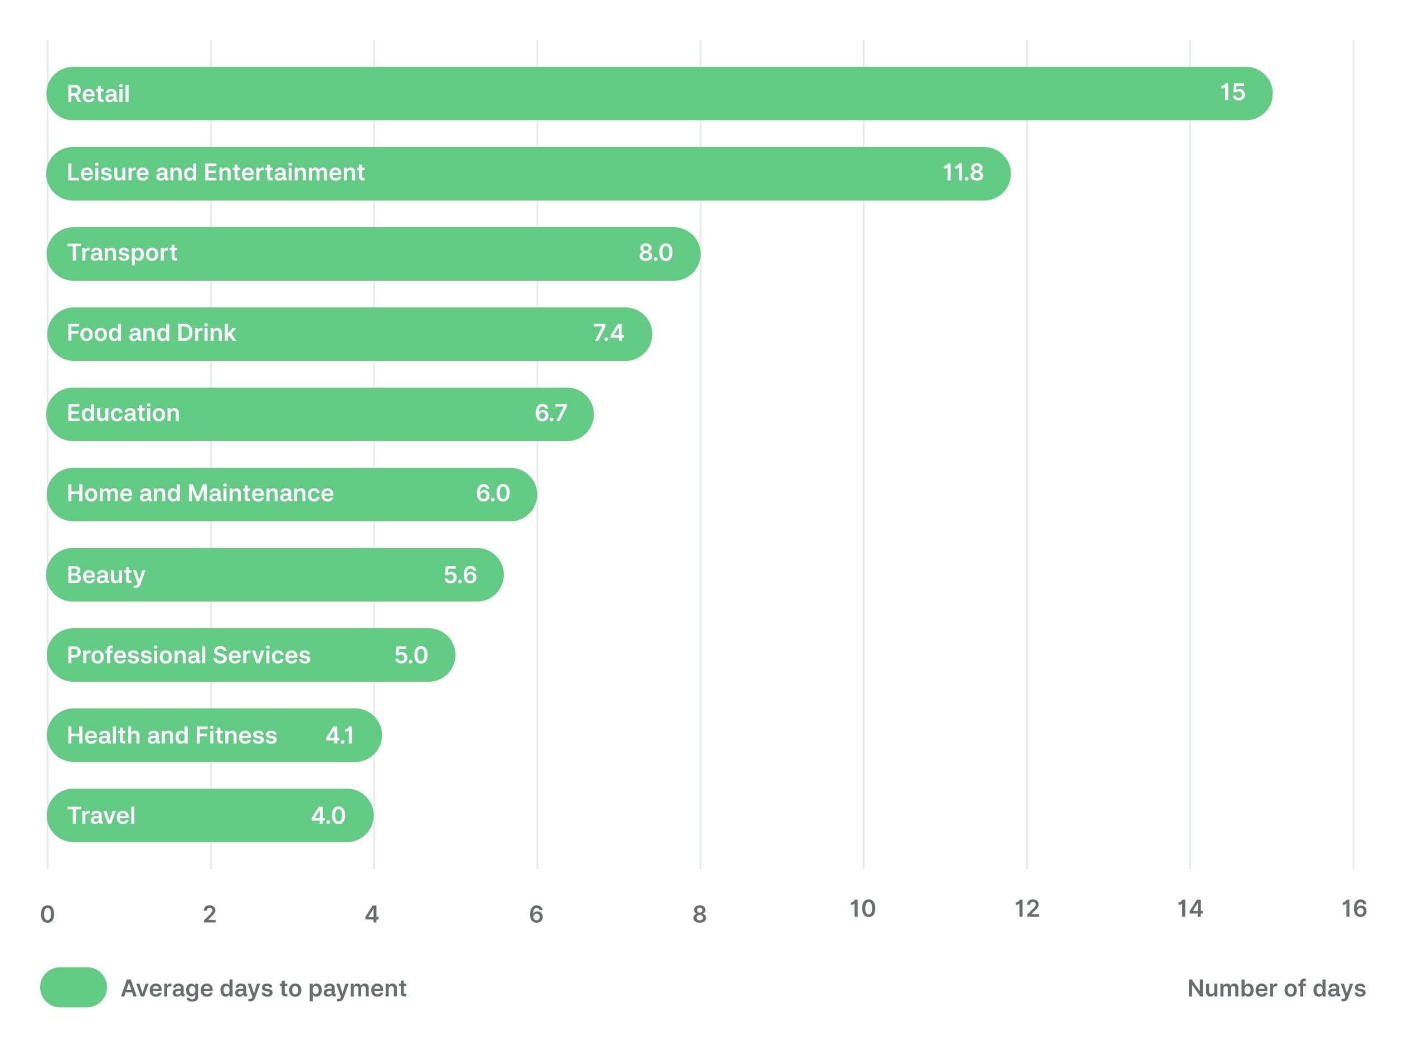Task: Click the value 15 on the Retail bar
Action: (x=1232, y=93)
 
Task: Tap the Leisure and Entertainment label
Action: (x=215, y=173)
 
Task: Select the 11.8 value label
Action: (x=963, y=173)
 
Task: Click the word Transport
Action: (x=122, y=252)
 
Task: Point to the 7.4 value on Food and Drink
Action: (x=608, y=333)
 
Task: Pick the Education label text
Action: (x=123, y=413)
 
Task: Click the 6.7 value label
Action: (x=551, y=413)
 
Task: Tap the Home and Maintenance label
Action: (x=200, y=493)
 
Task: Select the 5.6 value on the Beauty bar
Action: (x=459, y=575)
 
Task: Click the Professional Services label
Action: (x=188, y=655)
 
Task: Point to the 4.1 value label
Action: (x=339, y=735)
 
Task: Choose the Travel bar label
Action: (x=101, y=815)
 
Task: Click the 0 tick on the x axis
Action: (x=47, y=914)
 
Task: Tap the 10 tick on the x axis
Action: (x=862, y=909)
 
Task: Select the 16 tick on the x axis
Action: (x=1354, y=909)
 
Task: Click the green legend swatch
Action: (x=73, y=987)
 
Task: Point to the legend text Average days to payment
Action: (x=264, y=989)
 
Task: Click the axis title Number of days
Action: (x=1276, y=989)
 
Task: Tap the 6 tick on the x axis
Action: (x=536, y=914)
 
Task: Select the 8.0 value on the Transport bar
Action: (x=656, y=252)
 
